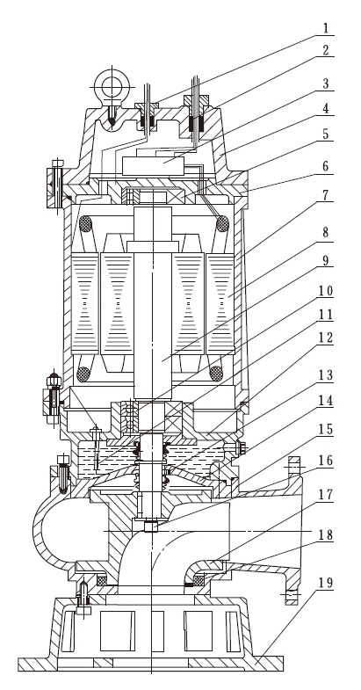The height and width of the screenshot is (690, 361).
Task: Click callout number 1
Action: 326,28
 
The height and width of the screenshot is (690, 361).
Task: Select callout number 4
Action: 326,108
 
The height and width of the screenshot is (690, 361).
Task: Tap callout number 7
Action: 326,194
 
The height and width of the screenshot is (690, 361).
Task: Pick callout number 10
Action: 326,291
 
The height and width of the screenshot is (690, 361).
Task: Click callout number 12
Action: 326,338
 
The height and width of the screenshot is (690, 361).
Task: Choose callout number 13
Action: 326,375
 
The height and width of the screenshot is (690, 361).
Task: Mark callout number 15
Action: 326,429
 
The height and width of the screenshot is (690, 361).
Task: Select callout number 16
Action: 326,461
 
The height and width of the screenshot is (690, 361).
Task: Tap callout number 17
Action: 326,495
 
